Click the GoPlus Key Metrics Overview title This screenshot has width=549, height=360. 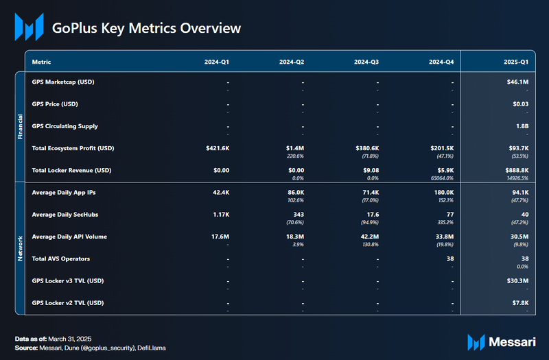pos(147,28)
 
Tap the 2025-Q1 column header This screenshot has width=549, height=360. pos(515,62)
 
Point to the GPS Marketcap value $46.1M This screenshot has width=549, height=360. pos(517,82)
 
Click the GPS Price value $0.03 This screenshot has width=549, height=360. pos(519,104)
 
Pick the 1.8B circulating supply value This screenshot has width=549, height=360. pos(522,126)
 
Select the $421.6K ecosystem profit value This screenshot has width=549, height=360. pos(217,148)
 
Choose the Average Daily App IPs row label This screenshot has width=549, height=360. pos(66,193)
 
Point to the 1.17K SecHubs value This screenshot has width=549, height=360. pos(221,215)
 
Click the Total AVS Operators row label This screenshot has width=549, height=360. pos(61,259)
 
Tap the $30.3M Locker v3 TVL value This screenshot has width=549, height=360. pos(516,280)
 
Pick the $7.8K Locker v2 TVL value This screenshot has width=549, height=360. pos(518,302)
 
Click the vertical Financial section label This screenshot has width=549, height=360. pos(20,127)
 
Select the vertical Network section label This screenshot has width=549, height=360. pos(20,248)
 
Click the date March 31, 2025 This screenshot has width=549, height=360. pos(71,339)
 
